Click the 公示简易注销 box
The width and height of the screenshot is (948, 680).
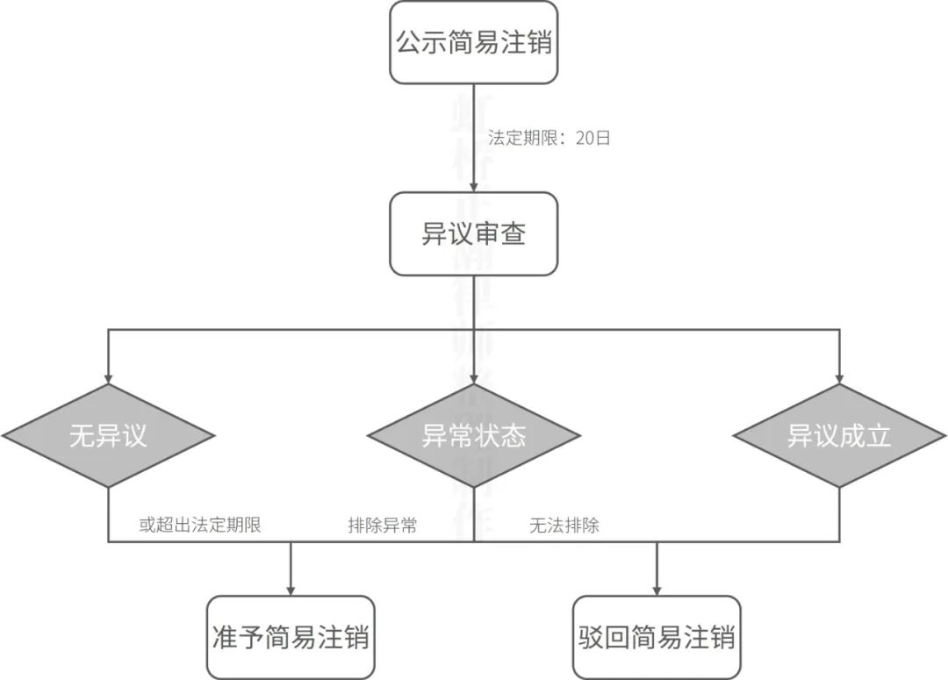pyautogui.click(x=474, y=42)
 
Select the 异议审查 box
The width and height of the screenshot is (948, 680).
pyautogui.click(x=474, y=233)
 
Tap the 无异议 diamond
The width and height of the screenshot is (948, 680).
pyautogui.click(x=108, y=436)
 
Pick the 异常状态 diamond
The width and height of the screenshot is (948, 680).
pyautogui.click(x=474, y=436)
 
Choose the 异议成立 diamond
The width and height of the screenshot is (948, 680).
pyautogui.click(x=839, y=436)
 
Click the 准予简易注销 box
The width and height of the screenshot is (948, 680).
pyautogui.click(x=291, y=637)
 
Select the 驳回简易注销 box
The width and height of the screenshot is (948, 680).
pyautogui.click(x=657, y=637)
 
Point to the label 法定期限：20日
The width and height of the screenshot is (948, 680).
pyautogui.click(x=549, y=138)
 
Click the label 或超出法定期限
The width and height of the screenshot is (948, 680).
pyautogui.click(x=200, y=526)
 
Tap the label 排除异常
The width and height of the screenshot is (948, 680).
pyautogui.click(x=382, y=526)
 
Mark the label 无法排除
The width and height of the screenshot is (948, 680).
pyautogui.click(x=564, y=526)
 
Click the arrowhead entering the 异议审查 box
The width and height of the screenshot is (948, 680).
pyautogui.click(x=474, y=186)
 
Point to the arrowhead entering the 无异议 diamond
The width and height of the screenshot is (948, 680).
pyautogui.click(x=108, y=377)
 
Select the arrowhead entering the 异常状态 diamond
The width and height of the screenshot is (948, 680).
pyautogui.click(x=474, y=377)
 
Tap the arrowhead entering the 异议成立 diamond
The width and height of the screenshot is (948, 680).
pyautogui.click(x=839, y=377)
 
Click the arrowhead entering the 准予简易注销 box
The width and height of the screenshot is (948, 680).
pyautogui.click(x=291, y=590)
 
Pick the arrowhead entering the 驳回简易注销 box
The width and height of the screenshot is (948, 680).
pyautogui.click(x=657, y=590)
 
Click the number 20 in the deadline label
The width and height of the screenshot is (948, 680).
pyautogui.click(x=585, y=138)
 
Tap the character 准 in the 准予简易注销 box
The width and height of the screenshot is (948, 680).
pyautogui.click(x=227, y=637)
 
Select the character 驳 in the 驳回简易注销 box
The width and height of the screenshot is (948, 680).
pyautogui.click(x=593, y=637)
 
